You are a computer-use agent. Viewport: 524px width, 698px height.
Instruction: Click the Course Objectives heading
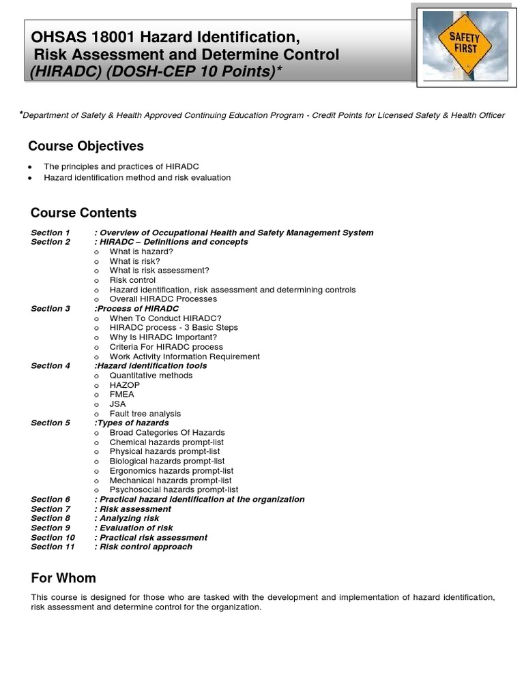point(86,146)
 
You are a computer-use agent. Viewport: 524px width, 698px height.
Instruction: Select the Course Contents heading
point(84,213)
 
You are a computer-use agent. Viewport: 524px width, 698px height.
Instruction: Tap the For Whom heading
point(63,578)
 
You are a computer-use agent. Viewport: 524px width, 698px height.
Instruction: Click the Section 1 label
point(50,232)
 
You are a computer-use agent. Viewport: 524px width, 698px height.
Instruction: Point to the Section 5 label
point(50,423)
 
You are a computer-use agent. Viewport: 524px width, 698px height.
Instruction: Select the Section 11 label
point(53,547)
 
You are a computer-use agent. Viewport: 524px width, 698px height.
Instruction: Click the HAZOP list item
point(124,385)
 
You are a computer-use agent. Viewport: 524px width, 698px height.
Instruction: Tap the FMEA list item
point(122,395)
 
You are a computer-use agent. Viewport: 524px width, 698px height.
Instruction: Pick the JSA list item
point(118,404)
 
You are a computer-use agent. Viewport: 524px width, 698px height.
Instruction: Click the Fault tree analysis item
point(145,414)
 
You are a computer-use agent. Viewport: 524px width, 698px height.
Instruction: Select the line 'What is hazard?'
point(141,252)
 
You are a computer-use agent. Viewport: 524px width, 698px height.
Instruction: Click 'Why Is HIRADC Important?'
point(163,337)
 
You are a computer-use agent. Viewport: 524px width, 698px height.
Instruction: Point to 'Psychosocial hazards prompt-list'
point(174,489)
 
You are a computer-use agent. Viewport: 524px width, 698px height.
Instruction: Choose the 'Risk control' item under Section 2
point(132,280)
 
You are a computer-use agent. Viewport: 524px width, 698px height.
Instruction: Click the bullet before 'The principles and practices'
point(31,167)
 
